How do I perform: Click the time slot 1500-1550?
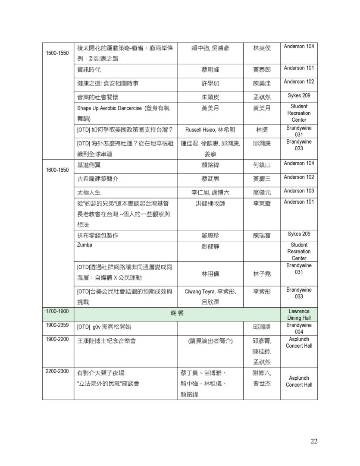click(x=57, y=53)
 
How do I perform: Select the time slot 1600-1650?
click(x=57, y=170)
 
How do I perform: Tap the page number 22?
click(x=313, y=441)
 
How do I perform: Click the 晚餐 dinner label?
click(x=177, y=313)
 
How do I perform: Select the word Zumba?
click(x=85, y=245)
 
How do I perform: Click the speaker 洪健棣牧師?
click(x=210, y=203)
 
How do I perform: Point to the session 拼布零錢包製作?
click(x=97, y=236)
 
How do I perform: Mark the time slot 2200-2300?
click(x=57, y=372)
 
